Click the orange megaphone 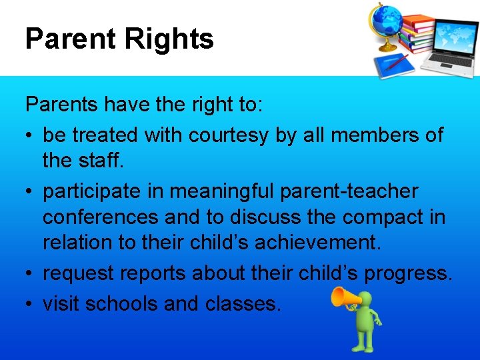point(344,297)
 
